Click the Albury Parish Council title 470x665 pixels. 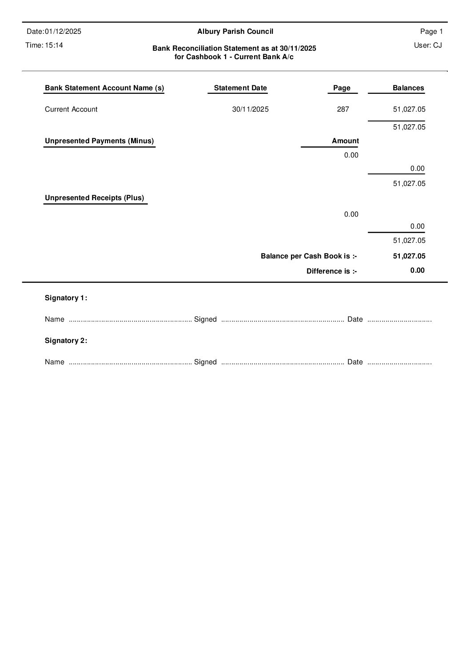235,31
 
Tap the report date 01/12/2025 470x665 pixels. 63,31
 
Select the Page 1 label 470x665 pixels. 431,31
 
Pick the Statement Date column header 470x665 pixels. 240,88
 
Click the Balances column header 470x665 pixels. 408,88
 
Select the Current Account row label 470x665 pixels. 71,109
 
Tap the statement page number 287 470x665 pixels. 343,109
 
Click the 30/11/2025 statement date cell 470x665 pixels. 250,109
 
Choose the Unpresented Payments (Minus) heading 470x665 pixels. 100,141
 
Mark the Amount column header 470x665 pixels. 345,141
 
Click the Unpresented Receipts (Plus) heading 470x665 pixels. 95,197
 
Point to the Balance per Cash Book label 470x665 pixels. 309,256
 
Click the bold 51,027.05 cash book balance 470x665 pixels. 409,256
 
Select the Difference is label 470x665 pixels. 331,271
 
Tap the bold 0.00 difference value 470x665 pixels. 417,270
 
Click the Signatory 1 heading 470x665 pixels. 66,298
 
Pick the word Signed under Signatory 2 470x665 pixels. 205,362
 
